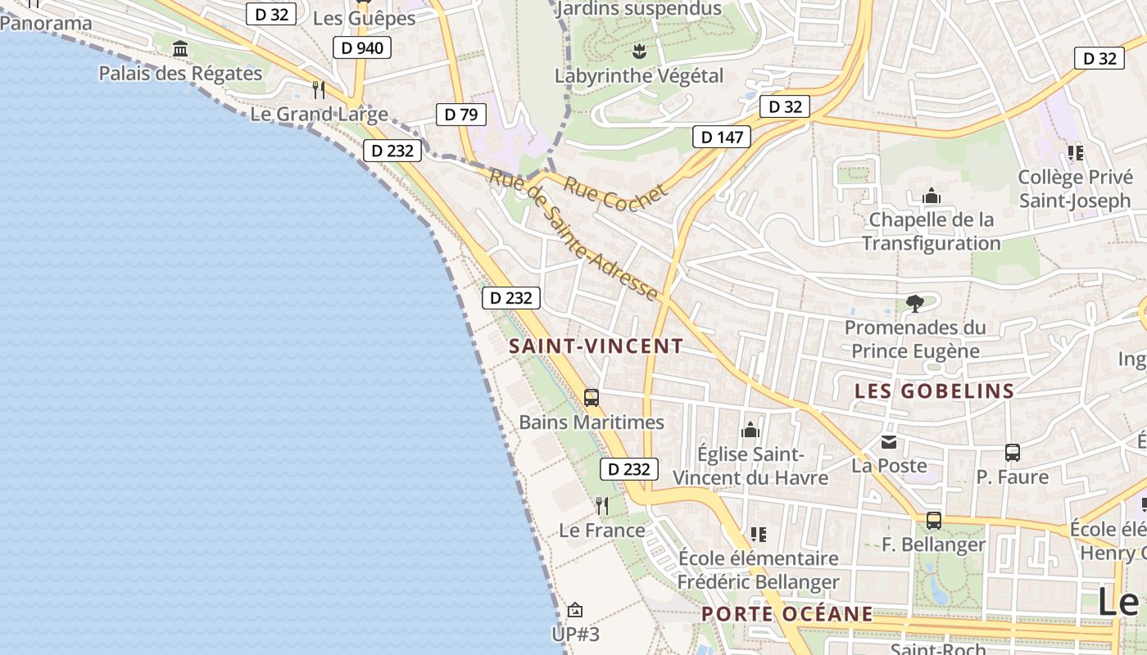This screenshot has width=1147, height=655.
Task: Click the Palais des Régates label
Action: click(x=180, y=73)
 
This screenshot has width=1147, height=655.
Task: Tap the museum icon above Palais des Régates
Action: click(x=180, y=49)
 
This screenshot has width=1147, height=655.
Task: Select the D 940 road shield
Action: click(x=361, y=47)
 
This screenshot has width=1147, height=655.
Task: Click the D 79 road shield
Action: click(x=461, y=115)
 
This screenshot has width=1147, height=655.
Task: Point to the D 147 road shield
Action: click(x=721, y=137)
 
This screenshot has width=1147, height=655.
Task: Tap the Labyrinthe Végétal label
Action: click(x=639, y=76)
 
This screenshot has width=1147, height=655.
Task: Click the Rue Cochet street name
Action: click(x=615, y=193)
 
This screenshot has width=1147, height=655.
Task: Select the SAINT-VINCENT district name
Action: click(x=596, y=346)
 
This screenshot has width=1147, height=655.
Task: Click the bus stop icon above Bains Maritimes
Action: click(x=592, y=398)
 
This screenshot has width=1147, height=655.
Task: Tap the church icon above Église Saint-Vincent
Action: click(x=750, y=430)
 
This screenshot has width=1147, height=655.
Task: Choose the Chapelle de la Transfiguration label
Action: click(x=932, y=232)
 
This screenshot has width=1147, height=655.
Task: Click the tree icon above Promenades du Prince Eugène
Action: click(x=915, y=304)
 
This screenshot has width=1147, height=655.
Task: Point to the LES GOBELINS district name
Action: click(x=935, y=391)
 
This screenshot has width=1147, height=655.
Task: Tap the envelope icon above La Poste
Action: click(x=889, y=443)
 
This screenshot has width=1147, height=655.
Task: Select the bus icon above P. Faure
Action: click(x=1013, y=452)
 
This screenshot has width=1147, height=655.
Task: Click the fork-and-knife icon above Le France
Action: click(x=602, y=506)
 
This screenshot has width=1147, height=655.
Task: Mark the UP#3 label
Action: click(x=575, y=635)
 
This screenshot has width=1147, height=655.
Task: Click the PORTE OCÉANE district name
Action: click(x=787, y=614)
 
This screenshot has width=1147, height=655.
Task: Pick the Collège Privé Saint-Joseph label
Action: click(x=1074, y=189)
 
